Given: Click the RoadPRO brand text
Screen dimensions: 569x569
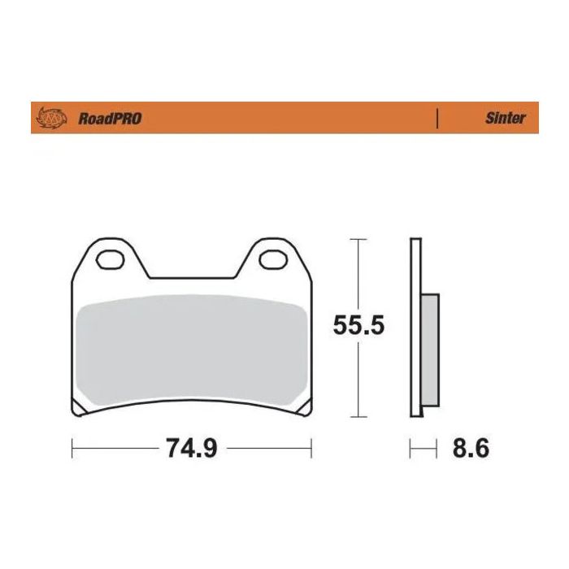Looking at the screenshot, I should click(x=110, y=119).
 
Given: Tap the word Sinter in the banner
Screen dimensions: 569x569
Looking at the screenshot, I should click(x=506, y=118).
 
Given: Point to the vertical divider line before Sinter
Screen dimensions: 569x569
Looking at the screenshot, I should click(x=438, y=118).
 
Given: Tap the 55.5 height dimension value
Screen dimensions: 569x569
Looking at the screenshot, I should click(x=358, y=326).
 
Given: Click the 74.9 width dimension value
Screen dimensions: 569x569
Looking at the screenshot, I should click(x=191, y=448).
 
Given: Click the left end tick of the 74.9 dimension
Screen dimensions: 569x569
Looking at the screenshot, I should click(x=73, y=448).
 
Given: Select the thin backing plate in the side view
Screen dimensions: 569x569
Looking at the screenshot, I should click(x=415, y=325).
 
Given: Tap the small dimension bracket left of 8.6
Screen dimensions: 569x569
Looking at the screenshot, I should click(x=421, y=448).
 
